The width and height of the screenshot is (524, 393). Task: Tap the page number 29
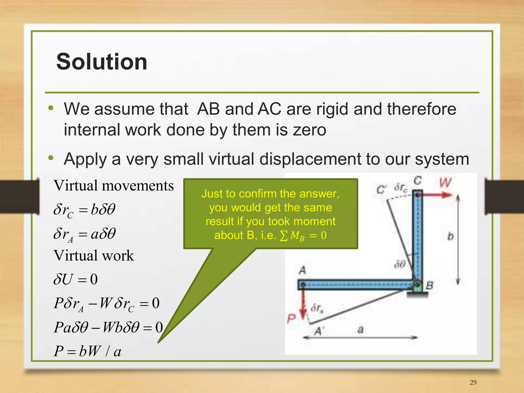(473, 382)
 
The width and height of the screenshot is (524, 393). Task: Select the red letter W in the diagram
(445, 183)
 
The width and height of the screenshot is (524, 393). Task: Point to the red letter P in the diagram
(291, 319)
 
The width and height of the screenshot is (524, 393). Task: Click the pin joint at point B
(417, 284)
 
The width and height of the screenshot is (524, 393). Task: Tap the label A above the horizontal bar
(302, 270)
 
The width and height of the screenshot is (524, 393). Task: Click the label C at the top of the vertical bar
(418, 181)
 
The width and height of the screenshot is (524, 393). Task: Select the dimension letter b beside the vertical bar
(450, 236)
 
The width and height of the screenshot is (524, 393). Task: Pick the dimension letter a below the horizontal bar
(360, 329)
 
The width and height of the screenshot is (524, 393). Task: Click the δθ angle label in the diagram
(400, 264)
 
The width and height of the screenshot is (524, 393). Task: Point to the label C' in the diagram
(381, 190)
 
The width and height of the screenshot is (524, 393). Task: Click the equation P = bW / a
(87, 351)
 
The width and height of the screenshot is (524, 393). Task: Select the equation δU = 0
(75, 279)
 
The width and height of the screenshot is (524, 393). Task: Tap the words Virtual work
(94, 255)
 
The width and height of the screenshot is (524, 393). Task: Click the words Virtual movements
(114, 185)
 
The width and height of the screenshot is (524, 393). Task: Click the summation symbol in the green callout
(283, 235)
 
